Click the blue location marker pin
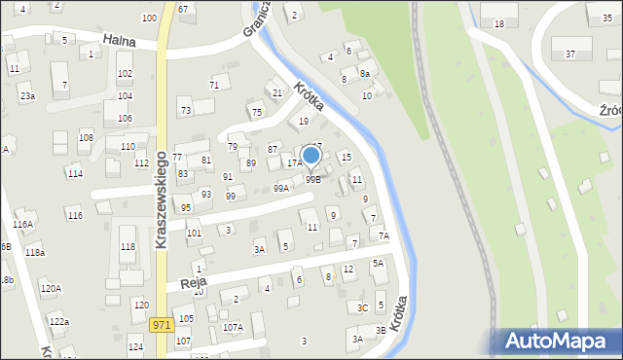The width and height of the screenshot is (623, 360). click(311, 156)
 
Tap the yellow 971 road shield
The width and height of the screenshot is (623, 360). click(163, 325)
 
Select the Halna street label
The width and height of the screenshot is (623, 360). click(118, 40)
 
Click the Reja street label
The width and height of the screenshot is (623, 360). click(181, 283)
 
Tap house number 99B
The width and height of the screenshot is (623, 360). click(312, 179)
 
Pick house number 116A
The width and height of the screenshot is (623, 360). click(22, 225)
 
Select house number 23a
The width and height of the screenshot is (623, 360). click(27, 96)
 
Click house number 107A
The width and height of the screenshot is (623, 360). click(233, 328)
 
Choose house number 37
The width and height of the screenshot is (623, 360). click(570, 54)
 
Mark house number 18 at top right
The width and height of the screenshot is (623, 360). click(499, 23)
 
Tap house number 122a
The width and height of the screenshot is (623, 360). click(58, 321)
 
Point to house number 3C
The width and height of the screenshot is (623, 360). click(362, 307)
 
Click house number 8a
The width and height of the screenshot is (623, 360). click(364, 73)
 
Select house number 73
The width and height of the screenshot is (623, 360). click(185, 111)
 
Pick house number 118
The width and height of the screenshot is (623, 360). click(128, 247)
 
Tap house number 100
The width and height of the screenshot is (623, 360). click(148, 18)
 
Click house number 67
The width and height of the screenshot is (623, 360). click(183, 9)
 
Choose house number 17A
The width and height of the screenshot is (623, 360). click(294, 163)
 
